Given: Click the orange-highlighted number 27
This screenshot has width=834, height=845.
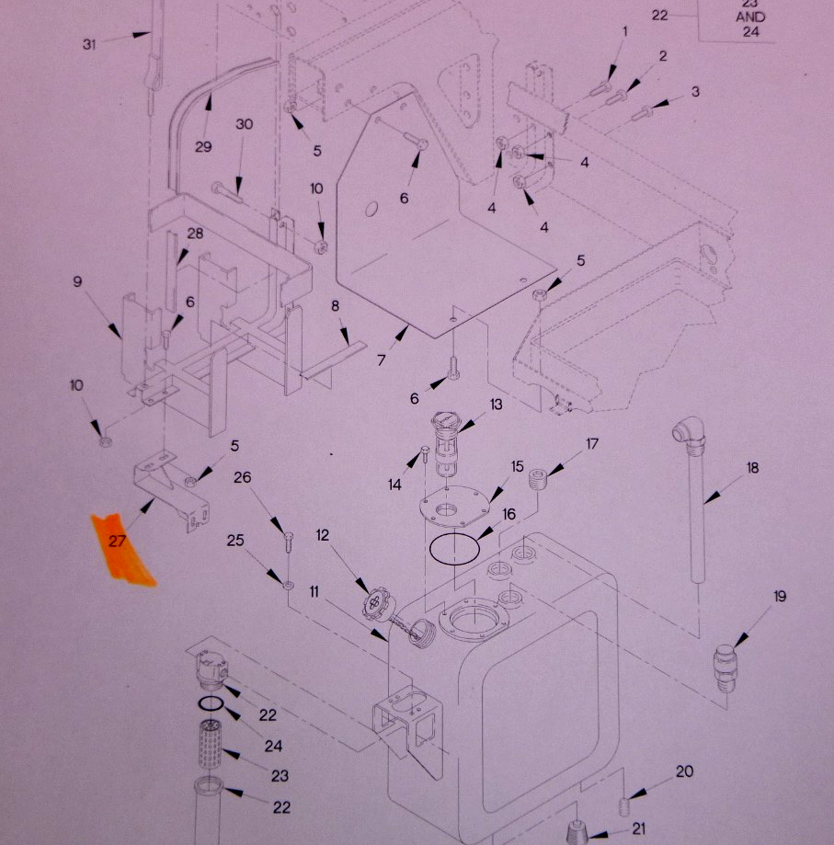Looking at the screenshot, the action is click(118, 541).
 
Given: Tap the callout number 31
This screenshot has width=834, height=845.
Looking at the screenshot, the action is click(89, 44).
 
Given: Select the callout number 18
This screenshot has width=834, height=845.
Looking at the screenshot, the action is click(752, 468).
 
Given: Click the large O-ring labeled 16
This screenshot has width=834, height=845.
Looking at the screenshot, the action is click(455, 549).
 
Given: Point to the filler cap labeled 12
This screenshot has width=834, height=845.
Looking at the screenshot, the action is click(376, 601).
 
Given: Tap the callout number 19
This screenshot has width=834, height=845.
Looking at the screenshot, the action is click(780, 596).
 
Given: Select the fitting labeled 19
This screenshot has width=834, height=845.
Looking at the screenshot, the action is click(725, 668).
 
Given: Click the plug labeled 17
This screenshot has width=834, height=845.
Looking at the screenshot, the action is click(538, 480).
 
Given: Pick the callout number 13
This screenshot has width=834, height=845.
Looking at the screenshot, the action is click(496, 405).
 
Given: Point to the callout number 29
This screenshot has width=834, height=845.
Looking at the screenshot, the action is click(203, 146).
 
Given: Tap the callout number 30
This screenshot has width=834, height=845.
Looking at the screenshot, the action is click(244, 124).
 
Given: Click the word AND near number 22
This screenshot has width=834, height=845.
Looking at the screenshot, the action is click(750, 17).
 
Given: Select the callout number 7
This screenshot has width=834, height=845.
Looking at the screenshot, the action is click(382, 360).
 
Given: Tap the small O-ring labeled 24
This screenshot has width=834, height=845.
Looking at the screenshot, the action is click(210, 703).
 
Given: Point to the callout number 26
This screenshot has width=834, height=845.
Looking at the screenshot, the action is click(243, 477).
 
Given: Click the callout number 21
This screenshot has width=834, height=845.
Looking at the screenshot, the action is click(638, 828).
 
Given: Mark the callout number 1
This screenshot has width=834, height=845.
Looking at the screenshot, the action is click(625, 31).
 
